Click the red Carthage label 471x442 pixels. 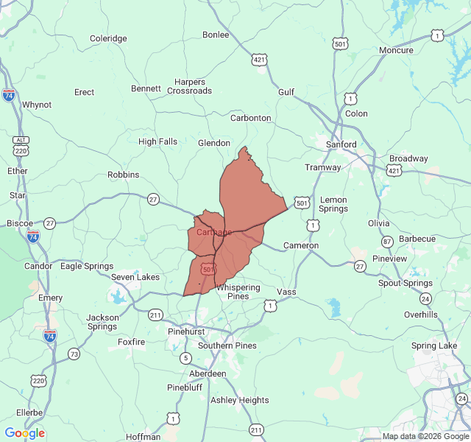pyautogui.click(x=214, y=232)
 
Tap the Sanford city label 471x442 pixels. pyautogui.click(x=341, y=144)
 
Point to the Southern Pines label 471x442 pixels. pyautogui.click(x=227, y=345)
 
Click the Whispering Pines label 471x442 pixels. pyautogui.click(x=238, y=292)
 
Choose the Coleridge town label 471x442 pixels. pyautogui.click(x=108, y=38)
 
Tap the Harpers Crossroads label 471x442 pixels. pyautogui.click(x=189, y=86)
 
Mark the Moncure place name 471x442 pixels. pyautogui.click(x=396, y=50)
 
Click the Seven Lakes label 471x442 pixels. pyautogui.click(x=135, y=277)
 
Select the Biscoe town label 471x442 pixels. pyautogui.click(x=19, y=222)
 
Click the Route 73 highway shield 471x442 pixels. pyautogui.click(x=74, y=354)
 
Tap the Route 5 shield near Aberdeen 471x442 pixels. pyautogui.click(x=185, y=358)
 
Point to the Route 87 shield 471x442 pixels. pyautogui.click(x=387, y=242)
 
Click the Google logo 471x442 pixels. pyautogui.click(x=24, y=433)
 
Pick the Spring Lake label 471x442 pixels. pyautogui.click(x=434, y=345)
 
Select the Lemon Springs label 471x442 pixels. pyautogui.click(x=333, y=204)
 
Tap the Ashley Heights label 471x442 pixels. pyautogui.click(x=240, y=400)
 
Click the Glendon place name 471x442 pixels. pyautogui.click(x=214, y=143)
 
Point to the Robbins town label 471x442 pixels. pyautogui.click(x=123, y=175)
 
